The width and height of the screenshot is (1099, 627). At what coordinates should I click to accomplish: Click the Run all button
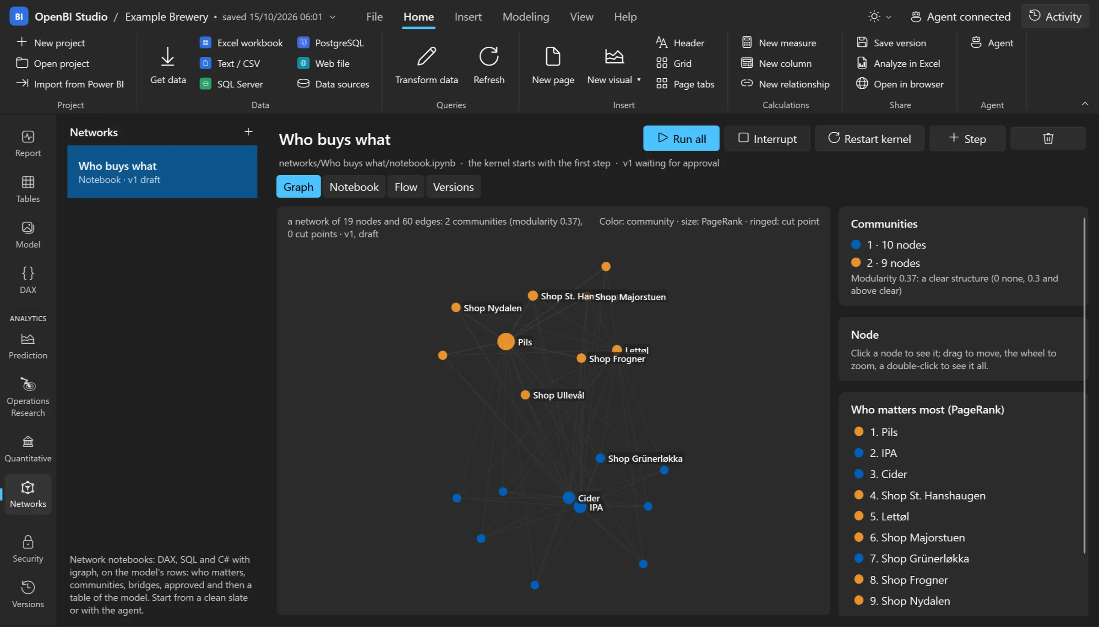click(681, 138)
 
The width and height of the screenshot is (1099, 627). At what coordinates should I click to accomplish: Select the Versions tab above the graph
click(453, 187)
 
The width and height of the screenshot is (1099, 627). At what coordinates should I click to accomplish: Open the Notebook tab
click(354, 187)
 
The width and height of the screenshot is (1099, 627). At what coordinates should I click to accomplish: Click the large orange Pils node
click(506, 341)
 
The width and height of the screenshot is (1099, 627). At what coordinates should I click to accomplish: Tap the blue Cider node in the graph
click(568, 497)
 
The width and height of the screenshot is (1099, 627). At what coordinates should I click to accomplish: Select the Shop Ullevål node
click(525, 395)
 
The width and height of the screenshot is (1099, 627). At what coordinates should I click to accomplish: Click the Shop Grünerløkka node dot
click(600, 458)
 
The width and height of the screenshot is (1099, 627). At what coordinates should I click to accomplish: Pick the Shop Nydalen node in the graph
click(456, 308)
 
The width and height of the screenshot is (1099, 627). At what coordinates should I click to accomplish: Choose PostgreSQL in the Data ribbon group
click(331, 43)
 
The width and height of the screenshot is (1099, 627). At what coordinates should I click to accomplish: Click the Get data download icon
click(168, 57)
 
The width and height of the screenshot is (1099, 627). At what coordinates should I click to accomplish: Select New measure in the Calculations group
click(779, 43)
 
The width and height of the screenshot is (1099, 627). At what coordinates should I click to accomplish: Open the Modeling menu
click(526, 17)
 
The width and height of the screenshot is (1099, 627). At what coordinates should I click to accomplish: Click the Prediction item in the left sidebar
click(28, 346)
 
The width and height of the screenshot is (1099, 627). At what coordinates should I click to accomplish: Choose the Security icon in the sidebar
click(28, 542)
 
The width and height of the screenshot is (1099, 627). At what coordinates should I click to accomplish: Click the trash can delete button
click(1048, 138)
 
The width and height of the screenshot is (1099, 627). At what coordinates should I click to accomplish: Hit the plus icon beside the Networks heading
click(248, 132)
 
